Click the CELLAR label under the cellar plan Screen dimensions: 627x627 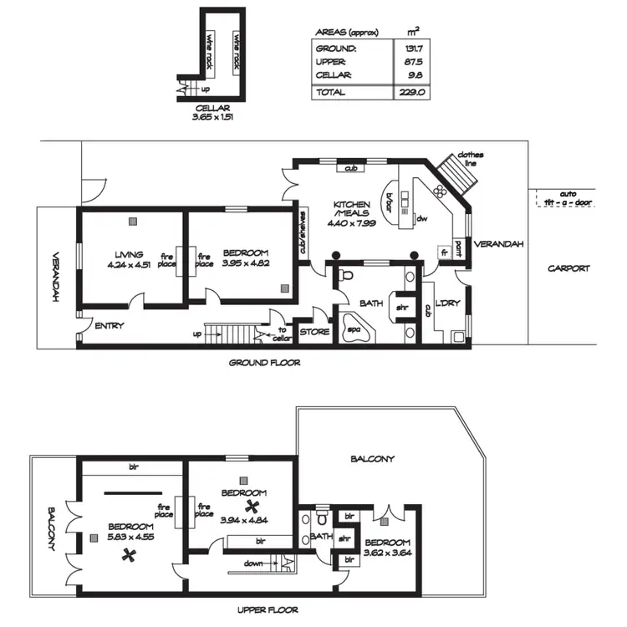[212, 108]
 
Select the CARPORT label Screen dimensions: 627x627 [568, 268]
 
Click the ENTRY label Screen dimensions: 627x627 [110, 325]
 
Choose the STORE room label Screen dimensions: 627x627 [314, 332]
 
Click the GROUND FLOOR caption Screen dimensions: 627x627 [264, 363]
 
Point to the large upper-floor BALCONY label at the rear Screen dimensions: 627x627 [372, 459]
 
